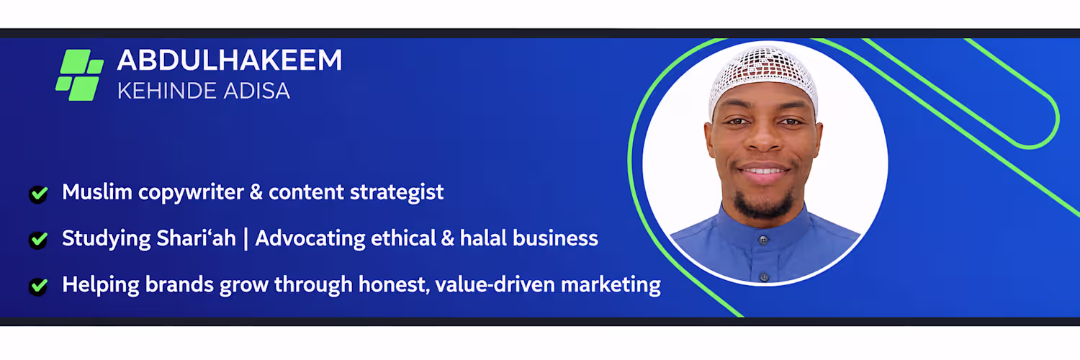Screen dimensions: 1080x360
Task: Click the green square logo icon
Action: [x=79, y=75]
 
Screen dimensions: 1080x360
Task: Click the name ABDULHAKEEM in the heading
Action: [x=230, y=60]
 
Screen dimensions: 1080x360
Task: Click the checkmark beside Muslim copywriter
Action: [x=38, y=194]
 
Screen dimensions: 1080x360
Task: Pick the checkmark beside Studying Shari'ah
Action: [x=38, y=240]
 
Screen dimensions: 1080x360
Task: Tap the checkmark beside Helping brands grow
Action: [x=38, y=287]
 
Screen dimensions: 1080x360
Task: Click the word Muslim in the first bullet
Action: [x=97, y=192]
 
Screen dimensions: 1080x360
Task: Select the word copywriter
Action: [x=191, y=193]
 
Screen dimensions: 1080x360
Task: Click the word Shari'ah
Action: [x=196, y=238]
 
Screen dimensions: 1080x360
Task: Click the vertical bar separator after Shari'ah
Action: [x=246, y=239]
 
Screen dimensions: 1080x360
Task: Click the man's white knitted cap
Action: [x=763, y=76]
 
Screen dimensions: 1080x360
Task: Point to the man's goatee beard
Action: [x=763, y=204]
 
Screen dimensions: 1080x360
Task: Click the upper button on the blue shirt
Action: [x=763, y=240]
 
